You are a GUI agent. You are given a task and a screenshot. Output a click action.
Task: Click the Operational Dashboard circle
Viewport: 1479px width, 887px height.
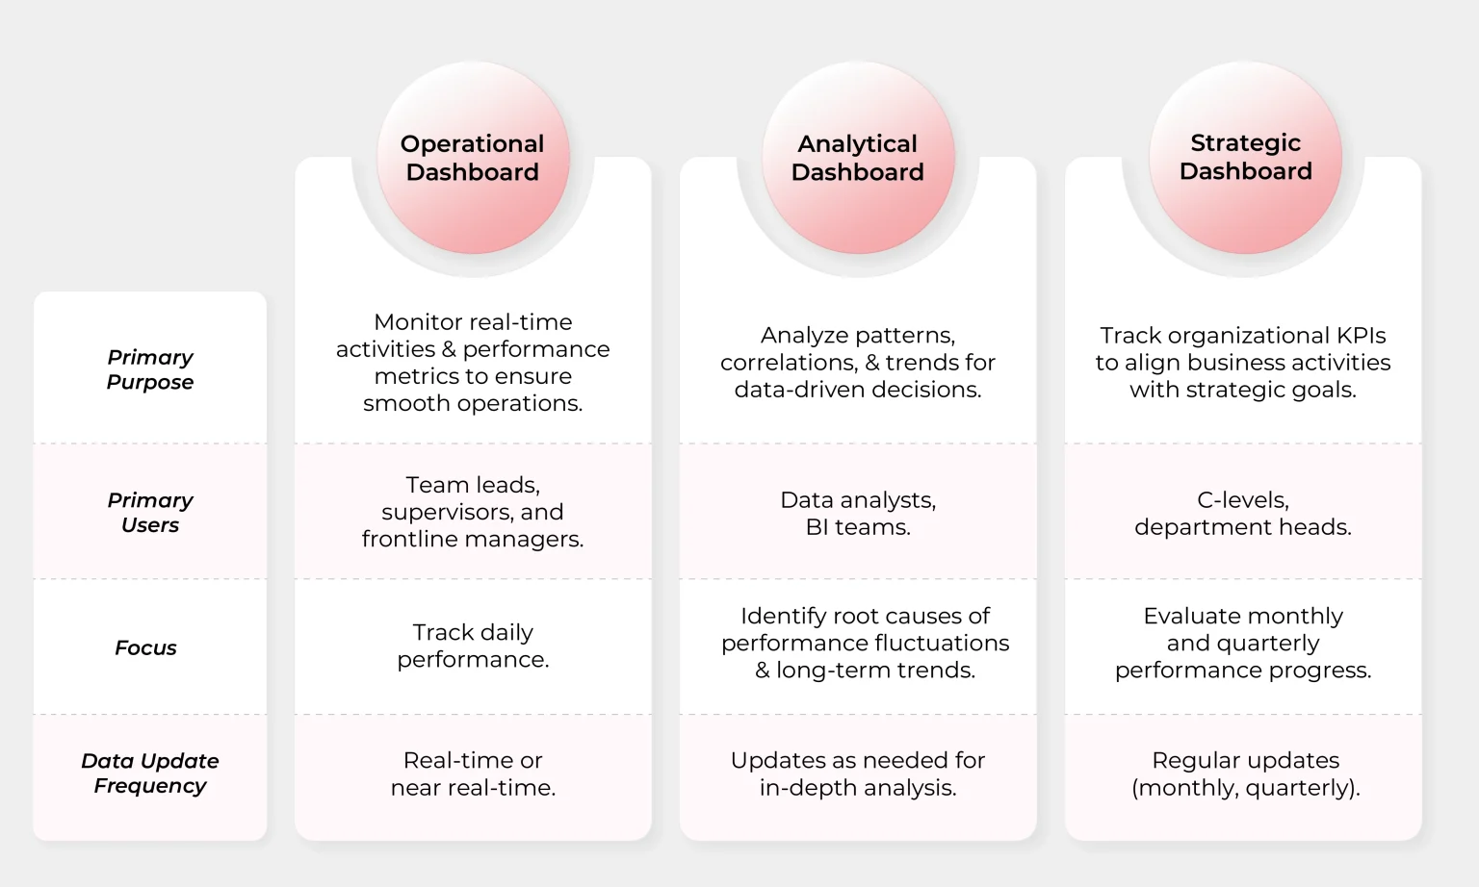point(473,158)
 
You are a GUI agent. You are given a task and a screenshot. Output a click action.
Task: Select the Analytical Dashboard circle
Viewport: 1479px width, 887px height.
point(858,158)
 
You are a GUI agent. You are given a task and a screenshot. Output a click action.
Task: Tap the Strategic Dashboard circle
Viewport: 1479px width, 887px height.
point(1245,158)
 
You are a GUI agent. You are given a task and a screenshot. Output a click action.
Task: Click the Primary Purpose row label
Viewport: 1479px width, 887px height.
point(150,369)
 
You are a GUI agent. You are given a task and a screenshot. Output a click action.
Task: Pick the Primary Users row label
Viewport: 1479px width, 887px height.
point(150,513)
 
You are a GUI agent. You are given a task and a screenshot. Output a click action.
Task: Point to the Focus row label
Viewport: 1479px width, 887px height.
point(145,648)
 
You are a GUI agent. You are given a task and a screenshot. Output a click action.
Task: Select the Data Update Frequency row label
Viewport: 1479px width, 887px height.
point(150,773)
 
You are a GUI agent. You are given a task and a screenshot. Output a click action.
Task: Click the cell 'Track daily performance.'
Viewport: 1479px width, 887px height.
point(473,646)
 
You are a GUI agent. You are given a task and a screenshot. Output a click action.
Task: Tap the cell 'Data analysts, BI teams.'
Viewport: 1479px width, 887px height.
point(858,514)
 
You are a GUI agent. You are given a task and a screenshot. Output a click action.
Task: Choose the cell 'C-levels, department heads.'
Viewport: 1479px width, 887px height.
point(1243,514)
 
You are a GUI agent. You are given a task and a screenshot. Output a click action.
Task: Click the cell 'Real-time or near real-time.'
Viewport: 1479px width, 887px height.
point(473,773)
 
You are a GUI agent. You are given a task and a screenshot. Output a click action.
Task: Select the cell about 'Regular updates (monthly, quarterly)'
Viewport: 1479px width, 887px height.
point(1245,773)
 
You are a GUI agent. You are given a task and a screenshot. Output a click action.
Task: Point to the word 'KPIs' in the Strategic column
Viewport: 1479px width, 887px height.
point(1361,336)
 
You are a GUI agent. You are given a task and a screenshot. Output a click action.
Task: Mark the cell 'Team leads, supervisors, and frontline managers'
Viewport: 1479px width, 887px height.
point(473,512)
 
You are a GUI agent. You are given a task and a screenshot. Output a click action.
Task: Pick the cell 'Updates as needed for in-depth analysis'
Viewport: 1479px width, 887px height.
point(858,773)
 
